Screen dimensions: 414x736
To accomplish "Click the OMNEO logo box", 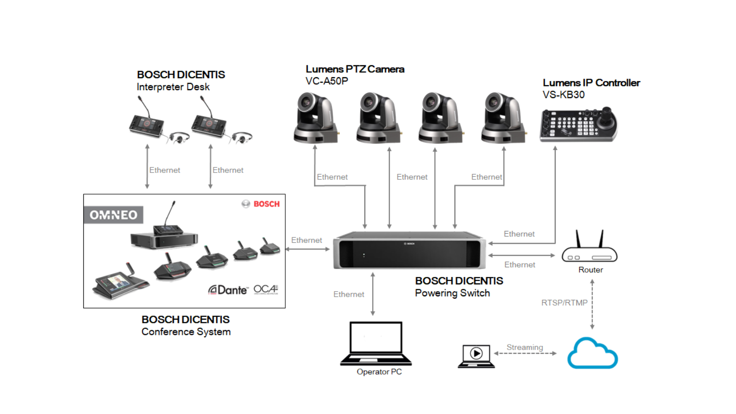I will pos(113,215).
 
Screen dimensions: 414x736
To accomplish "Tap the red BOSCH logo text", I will pos(266,204).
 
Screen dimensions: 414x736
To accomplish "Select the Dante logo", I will pos(228,290).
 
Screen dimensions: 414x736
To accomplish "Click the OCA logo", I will pos(266,289).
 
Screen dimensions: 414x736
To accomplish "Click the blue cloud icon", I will pos(592,354).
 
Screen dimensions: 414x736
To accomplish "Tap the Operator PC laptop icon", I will pos(376,343).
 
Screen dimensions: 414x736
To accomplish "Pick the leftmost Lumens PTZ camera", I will pos(315,118).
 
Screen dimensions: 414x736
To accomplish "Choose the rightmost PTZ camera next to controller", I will pos(502,118).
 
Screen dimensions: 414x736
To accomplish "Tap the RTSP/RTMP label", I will pos(564,303).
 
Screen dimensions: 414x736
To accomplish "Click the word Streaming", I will pos(524,347).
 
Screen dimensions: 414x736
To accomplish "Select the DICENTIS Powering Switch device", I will pos(409,250).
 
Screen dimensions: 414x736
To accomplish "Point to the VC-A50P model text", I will pos(327,81).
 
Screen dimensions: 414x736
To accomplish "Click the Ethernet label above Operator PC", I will pos(349,294).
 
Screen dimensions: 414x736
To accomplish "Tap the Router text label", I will pos(591,270).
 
